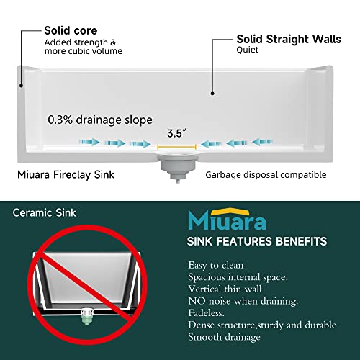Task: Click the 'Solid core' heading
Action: tap(71, 31)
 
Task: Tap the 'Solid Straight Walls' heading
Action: tap(289, 39)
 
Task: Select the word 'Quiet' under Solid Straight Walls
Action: tap(248, 50)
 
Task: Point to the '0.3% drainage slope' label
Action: tap(100, 120)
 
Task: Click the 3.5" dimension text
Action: tap(176, 133)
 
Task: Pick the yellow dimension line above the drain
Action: tap(176, 147)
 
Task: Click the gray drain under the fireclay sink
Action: tap(178, 166)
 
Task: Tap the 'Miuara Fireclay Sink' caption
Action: tap(66, 175)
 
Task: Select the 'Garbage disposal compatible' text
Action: tap(266, 175)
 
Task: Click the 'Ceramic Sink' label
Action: tap(45, 213)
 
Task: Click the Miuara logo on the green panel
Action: tap(227, 219)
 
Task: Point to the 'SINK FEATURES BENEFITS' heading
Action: tap(257, 241)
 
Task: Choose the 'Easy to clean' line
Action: tap(216, 266)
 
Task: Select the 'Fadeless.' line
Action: tap(207, 313)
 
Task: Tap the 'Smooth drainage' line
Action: tap(225, 337)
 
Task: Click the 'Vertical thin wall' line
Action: tap(225, 289)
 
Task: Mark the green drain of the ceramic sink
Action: tap(87, 316)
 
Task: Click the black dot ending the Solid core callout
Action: tap(22, 86)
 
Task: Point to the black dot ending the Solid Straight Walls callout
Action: tap(212, 94)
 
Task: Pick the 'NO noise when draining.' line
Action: tap(243, 301)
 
